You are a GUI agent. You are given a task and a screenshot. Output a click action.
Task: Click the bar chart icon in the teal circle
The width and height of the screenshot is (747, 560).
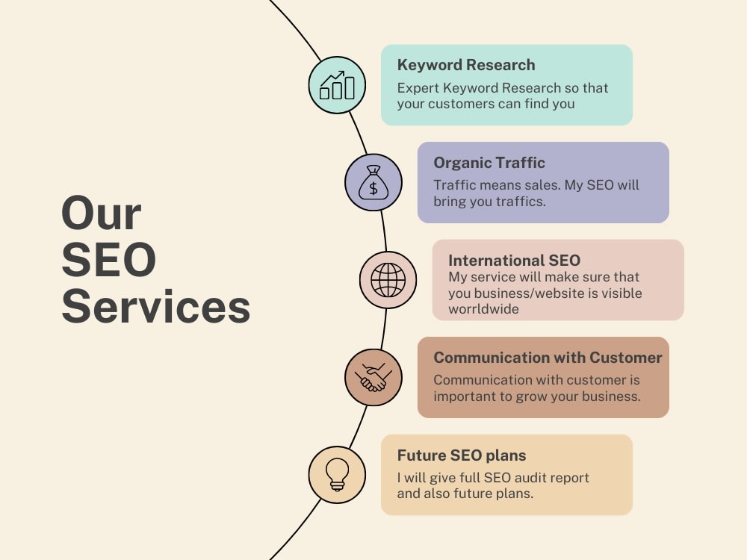pyautogui.click(x=337, y=85)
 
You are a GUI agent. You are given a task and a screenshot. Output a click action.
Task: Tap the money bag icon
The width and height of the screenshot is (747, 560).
pyautogui.click(x=373, y=183)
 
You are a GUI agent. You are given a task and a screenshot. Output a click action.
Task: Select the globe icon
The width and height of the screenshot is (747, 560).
pyautogui.click(x=388, y=280)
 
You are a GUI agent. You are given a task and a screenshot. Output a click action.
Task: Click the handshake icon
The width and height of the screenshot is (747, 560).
pyautogui.click(x=373, y=378)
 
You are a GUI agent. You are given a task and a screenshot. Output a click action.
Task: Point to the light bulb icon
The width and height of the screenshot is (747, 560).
pyautogui.click(x=337, y=475)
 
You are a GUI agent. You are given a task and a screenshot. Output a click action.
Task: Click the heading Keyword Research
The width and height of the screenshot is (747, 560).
pyautogui.click(x=466, y=65)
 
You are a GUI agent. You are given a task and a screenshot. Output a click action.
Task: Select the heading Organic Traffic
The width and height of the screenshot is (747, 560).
pyautogui.click(x=489, y=163)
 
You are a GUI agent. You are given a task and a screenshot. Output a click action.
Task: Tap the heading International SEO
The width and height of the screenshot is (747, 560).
pyautogui.click(x=514, y=261)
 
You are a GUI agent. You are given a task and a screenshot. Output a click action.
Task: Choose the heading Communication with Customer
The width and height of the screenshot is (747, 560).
pyautogui.click(x=548, y=358)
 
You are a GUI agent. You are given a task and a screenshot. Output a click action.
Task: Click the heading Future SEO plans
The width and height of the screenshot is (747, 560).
pyautogui.click(x=462, y=455)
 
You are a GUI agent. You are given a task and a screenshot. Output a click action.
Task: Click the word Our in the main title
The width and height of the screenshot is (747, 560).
pyautogui.click(x=102, y=214)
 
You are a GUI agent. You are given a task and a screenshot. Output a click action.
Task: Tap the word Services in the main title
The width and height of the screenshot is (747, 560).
pyautogui.click(x=156, y=307)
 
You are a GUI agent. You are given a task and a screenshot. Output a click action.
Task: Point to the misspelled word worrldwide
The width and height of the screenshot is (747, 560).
pyautogui.click(x=483, y=309)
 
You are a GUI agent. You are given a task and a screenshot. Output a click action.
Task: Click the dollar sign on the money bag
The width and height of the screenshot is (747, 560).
pyautogui.click(x=373, y=189)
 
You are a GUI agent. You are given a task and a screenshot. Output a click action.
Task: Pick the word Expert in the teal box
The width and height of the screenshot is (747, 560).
pyautogui.click(x=418, y=89)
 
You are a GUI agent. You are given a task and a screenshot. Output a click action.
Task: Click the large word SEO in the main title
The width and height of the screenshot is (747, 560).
pyautogui.click(x=108, y=260)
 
